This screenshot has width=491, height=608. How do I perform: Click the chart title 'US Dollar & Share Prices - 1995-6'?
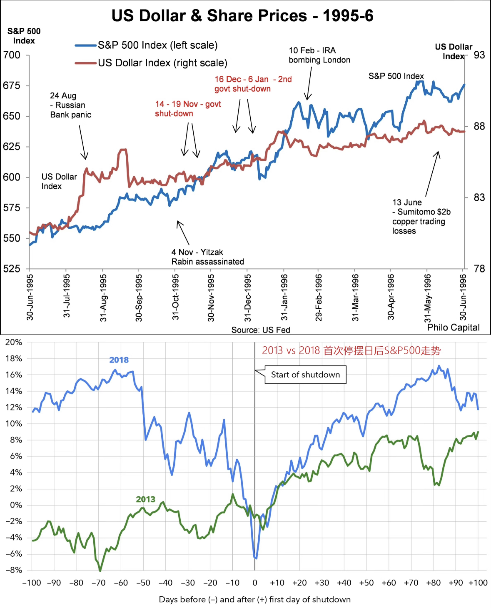point(242,16)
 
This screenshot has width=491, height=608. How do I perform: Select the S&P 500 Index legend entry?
point(157,45)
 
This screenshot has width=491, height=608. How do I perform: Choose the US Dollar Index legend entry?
point(162,63)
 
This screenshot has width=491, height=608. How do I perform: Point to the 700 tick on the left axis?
point(12,55)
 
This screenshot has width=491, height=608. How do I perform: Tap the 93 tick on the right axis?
point(479,55)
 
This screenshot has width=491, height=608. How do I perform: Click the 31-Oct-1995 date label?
point(176,297)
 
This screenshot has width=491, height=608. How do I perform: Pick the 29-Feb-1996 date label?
point(319,297)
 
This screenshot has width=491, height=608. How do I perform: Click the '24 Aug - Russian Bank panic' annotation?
point(70,105)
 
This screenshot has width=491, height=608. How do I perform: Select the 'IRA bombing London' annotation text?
point(319,55)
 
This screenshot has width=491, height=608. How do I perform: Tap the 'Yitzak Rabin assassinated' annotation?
point(207,257)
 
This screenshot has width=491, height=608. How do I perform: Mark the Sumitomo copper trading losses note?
point(421,217)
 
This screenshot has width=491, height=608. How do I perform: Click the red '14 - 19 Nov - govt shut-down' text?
point(188,109)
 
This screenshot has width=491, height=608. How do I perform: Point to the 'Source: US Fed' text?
point(261,330)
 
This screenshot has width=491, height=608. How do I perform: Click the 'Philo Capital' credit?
point(453,328)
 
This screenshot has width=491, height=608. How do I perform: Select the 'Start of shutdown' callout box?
point(305,375)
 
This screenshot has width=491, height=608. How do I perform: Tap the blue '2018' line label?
point(119,360)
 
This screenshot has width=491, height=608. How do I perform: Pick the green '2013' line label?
point(145,499)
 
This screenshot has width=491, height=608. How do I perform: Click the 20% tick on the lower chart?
point(13,342)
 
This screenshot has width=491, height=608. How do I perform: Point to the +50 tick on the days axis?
point(366,583)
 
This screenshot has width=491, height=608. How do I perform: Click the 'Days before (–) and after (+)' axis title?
point(254,599)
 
